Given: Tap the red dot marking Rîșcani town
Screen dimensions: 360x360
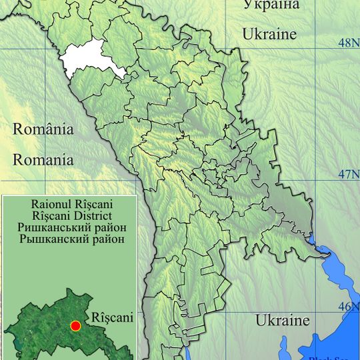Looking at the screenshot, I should (75, 325).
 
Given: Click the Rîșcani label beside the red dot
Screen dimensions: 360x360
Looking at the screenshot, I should (112, 318).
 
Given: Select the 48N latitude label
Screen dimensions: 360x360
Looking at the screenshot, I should (346, 43).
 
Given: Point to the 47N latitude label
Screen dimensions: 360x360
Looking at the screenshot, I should (346, 175).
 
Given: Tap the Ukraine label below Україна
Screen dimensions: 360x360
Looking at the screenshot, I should (269, 33).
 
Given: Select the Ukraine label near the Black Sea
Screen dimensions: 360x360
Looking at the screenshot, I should (283, 320).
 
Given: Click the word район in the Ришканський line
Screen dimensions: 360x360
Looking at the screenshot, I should (109, 227).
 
